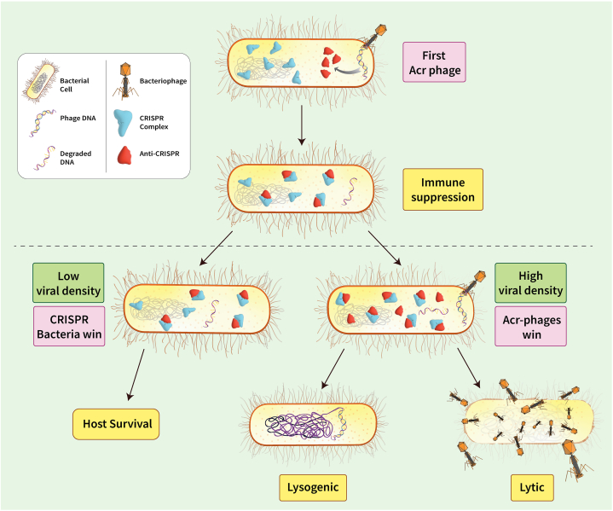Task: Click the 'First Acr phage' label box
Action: (x=434, y=62)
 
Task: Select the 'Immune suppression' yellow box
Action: (x=443, y=189)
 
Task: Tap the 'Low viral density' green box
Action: (x=68, y=283)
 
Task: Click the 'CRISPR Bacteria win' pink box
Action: (x=69, y=327)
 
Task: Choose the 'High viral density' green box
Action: (x=530, y=283)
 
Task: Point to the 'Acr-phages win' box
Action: (x=530, y=327)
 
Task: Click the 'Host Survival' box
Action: (x=116, y=424)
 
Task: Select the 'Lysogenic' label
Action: (x=313, y=487)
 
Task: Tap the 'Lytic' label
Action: (x=532, y=487)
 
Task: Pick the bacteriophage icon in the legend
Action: (x=125, y=81)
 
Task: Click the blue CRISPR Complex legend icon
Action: (x=123, y=123)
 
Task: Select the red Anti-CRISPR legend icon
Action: (x=124, y=155)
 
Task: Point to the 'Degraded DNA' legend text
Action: (x=75, y=158)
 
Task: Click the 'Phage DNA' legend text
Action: (x=78, y=119)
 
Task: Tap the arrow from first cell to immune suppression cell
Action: (x=302, y=125)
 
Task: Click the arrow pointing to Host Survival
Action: (x=136, y=375)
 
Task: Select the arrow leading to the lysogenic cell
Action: (x=333, y=369)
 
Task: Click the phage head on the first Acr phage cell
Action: (x=380, y=30)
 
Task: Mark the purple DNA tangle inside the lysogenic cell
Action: (x=300, y=426)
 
